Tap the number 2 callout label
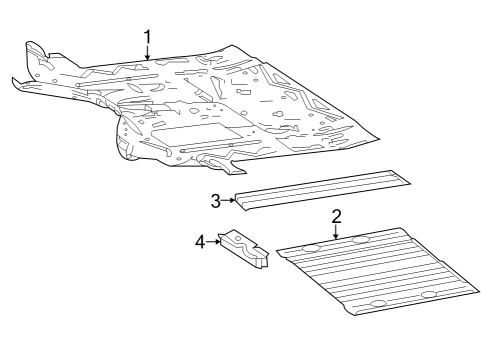pos(336,217)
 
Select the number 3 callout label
pos(216,201)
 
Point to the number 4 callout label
pos(200,242)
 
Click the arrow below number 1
pos(147,53)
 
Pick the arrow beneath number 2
pos(336,232)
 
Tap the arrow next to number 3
pos(228,200)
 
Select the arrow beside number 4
pos(213,242)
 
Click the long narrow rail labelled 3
pos(322,190)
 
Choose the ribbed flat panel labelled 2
pos(378,271)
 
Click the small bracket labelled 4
pos(243,248)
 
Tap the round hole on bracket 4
pos(237,238)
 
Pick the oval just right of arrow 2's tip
pos(360,240)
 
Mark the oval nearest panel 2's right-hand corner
pos(429,295)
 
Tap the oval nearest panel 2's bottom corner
pos(378,303)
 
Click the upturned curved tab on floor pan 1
pos(35,50)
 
